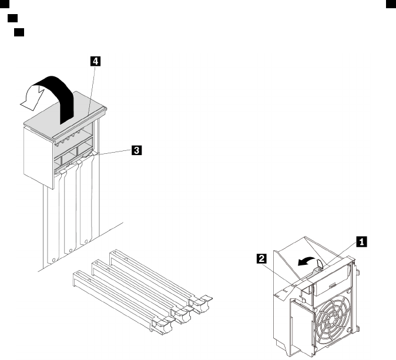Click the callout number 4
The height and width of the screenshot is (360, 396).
pos(95,60)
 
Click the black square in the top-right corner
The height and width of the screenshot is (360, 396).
pos(388,4)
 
